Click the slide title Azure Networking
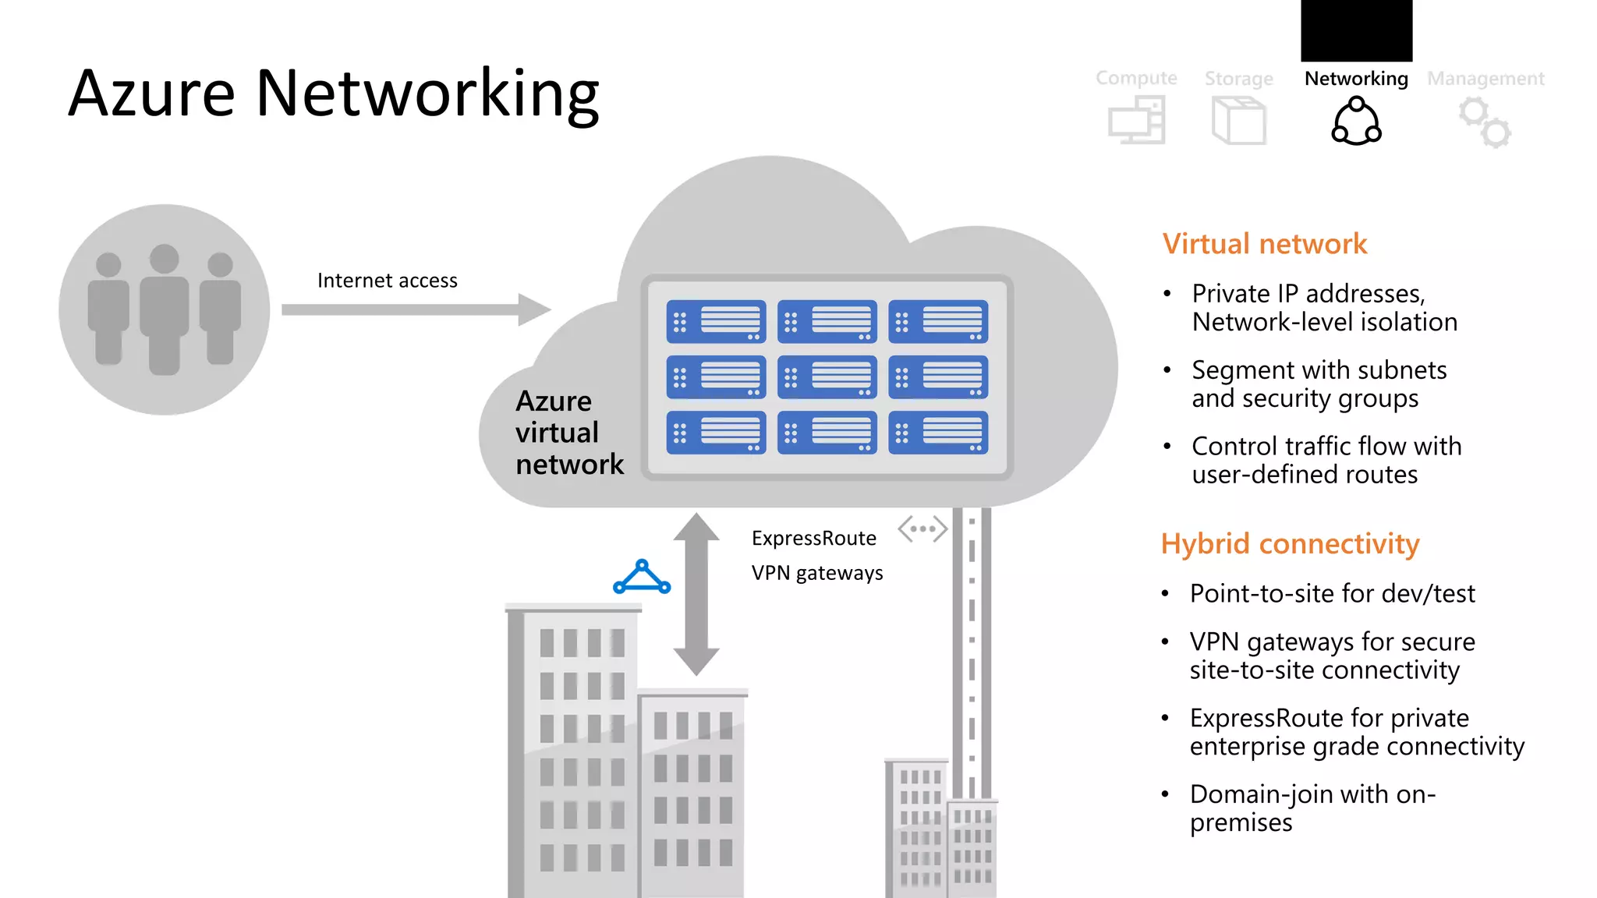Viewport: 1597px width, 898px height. [x=333, y=94]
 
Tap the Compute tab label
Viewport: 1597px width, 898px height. [x=1136, y=78]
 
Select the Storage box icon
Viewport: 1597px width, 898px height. [x=1238, y=120]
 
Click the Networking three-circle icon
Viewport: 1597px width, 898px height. [x=1356, y=122]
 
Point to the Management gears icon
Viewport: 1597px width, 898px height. [x=1485, y=122]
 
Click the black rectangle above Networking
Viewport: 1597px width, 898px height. [x=1356, y=30]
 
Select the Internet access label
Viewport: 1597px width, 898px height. [x=387, y=281]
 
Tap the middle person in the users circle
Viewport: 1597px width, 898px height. [x=165, y=309]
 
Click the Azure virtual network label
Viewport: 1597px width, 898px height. [x=568, y=433]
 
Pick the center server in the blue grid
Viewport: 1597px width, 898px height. [x=827, y=377]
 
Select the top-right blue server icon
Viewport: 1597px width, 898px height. [x=937, y=322]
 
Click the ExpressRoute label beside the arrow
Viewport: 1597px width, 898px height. [x=813, y=539]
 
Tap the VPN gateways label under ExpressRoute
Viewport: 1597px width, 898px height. [x=816, y=573]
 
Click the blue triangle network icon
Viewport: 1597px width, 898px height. [x=642, y=578]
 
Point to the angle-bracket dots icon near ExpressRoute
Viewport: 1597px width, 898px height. [x=922, y=529]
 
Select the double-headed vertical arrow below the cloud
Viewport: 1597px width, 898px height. [x=696, y=593]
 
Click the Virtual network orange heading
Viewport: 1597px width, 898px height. [x=1264, y=244]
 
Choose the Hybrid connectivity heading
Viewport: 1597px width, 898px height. [x=1290, y=543]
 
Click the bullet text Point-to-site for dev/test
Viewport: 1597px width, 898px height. [x=1332, y=593]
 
